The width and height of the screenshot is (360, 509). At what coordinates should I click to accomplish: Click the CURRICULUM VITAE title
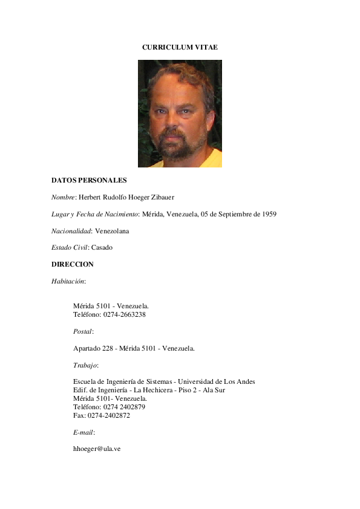click(180, 47)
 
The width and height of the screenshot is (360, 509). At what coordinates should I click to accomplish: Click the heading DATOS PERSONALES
click(89, 180)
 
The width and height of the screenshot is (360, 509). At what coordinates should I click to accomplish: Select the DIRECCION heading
click(73, 264)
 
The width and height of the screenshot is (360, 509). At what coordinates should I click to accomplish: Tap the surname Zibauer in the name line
click(160, 197)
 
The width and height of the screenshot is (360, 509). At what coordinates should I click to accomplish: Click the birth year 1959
click(269, 214)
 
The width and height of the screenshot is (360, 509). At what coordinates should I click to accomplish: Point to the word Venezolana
click(112, 231)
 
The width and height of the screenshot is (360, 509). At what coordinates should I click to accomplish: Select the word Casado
click(102, 247)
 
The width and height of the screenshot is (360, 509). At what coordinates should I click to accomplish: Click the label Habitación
click(68, 281)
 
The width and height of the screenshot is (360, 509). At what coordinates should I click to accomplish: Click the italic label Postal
click(83, 331)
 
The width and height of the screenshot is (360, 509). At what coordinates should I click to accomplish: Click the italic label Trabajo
click(85, 365)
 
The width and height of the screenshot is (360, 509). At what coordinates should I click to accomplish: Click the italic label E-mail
click(83, 432)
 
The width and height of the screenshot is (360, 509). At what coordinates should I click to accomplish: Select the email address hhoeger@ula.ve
click(97, 449)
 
